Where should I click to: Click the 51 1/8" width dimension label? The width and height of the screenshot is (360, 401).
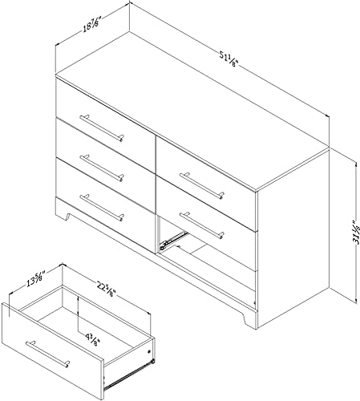[x=229, y=61]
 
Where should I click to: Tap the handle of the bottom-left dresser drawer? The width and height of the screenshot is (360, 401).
[x=101, y=207]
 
